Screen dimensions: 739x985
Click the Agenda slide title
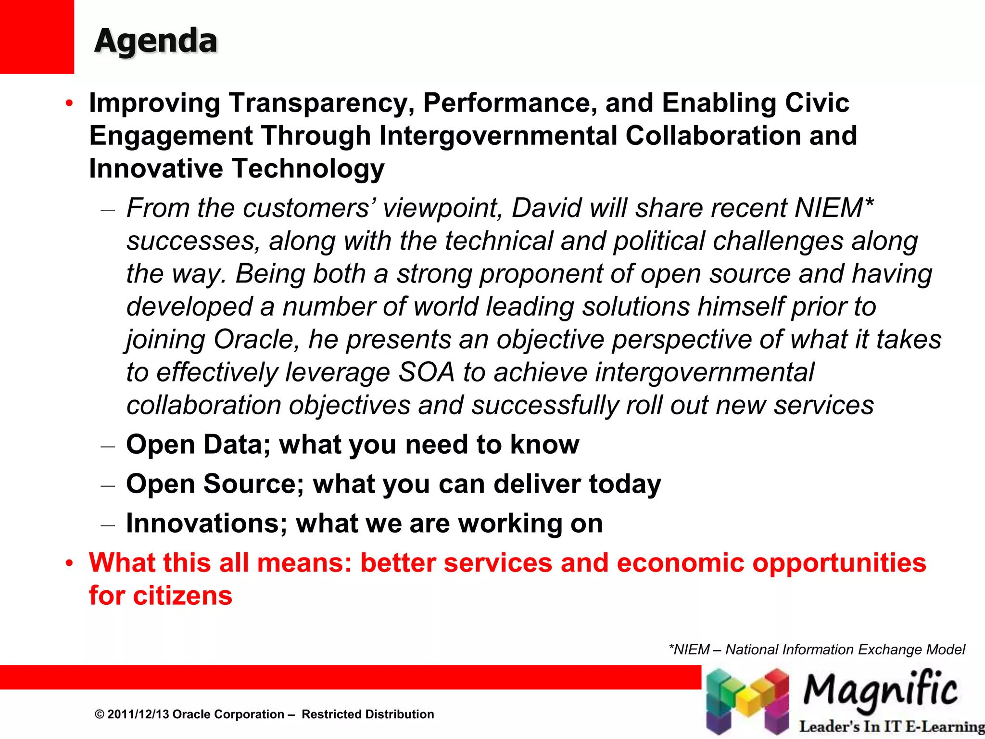(x=156, y=40)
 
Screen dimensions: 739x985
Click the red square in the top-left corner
(x=37, y=37)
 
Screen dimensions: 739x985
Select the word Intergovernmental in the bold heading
(x=498, y=136)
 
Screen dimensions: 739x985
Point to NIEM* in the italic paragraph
(x=833, y=208)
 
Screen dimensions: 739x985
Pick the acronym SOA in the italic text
(x=426, y=372)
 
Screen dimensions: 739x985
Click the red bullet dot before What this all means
(x=70, y=563)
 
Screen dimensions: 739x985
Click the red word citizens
(x=182, y=596)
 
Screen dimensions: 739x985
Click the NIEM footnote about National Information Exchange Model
(x=816, y=650)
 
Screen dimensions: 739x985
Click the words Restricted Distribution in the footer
(x=367, y=714)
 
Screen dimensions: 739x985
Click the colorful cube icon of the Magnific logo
(x=747, y=700)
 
